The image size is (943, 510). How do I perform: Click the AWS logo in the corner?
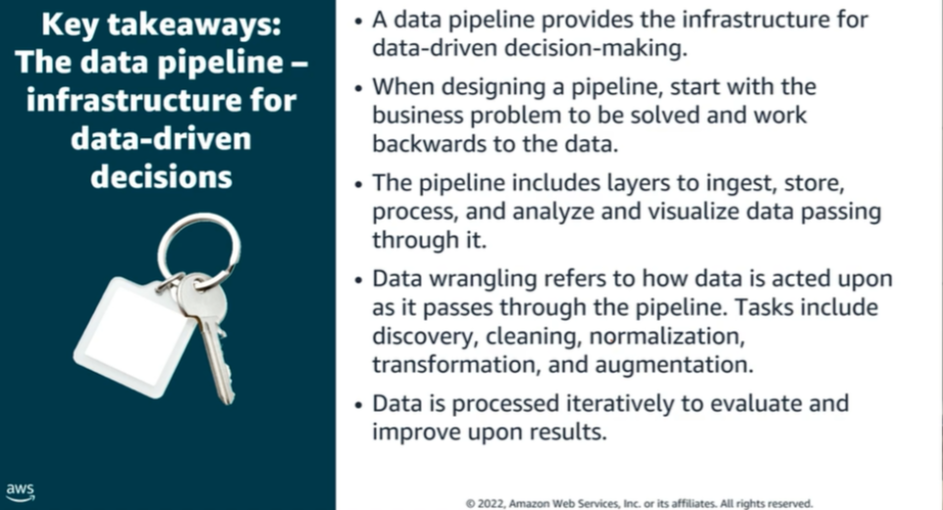21,491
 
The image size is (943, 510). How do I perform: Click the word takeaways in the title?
194,25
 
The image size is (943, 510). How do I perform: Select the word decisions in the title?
161,177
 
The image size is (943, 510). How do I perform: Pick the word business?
418,115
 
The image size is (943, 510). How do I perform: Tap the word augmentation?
673,365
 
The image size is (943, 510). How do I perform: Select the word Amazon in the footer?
529,504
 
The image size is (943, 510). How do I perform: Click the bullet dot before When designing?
358,88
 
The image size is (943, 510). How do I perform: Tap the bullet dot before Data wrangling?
358,280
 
